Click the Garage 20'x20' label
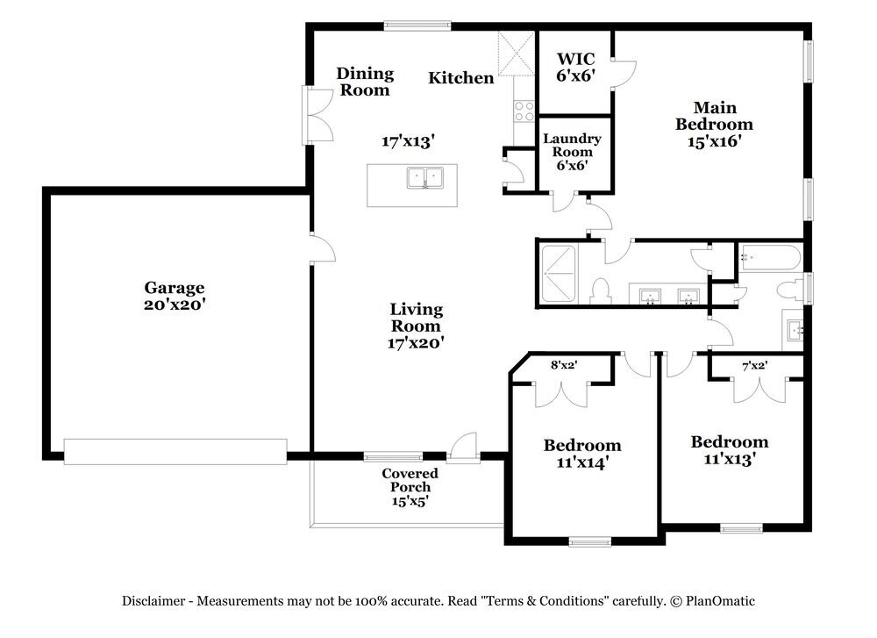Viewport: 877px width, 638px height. pyautogui.click(x=175, y=296)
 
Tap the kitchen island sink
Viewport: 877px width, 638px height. pyautogui.click(x=424, y=179)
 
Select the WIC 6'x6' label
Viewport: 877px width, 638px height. pyautogui.click(x=576, y=68)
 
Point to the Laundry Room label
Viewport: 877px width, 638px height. pyautogui.click(x=572, y=151)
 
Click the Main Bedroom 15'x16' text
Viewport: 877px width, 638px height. pyautogui.click(x=714, y=124)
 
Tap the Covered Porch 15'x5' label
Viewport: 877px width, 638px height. pyautogui.click(x=410, y=487)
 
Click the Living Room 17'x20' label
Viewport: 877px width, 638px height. pyautogui.click(x=417, y=326)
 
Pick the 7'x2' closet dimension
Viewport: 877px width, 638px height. pyautogui.click(x=754, y=366)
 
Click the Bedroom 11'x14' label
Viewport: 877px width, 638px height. pyautogui.click(x=582, y=453)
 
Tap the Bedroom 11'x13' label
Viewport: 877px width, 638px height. pyautogui.click(x=729, y=449)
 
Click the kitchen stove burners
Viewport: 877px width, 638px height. pyautogui.click(x=524, y=111)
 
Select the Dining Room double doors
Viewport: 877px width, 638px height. pyautogui.click(x=317, y=115)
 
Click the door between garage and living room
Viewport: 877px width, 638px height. pyautogui.click(x=323, y=247)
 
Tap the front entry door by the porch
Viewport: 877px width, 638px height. pyautogui.click(x=462, y=446)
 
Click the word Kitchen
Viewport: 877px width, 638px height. pyautogui.click(x=460, y=78)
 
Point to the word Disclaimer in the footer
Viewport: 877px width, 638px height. pyautogui.click(x=153, y=601)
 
